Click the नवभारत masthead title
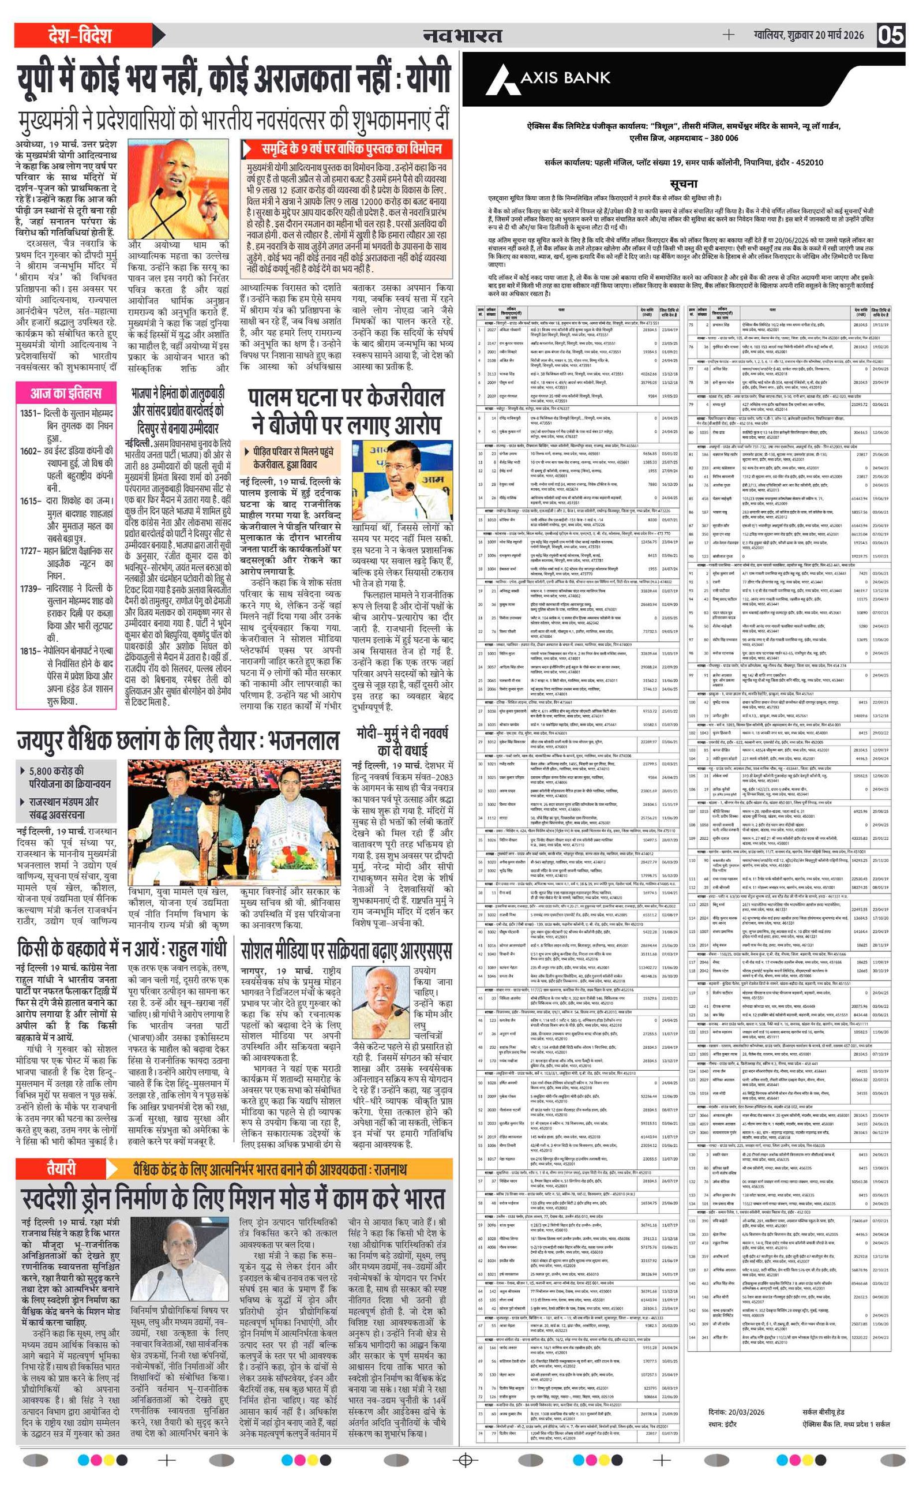pyautogui.click(x=462, y=36)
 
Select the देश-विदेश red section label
pyautogui.click(x=80, y=36)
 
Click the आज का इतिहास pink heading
pyautogui.click(x=66, y=393)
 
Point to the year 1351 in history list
pyautogui.click(x=30, y=413)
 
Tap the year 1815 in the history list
pyautogui.click(x=30, y=651)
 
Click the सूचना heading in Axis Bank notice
pyautogui.click(x=683, y=183)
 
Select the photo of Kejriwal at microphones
pyautogui.click(x=402, y=480)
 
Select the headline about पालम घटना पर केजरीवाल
pyautogui.click(x=346, y=410)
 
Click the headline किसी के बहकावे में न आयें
pyautogui.click(x=122, y=948)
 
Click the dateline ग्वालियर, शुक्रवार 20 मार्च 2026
pyautogui.click(x=808, y=35)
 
